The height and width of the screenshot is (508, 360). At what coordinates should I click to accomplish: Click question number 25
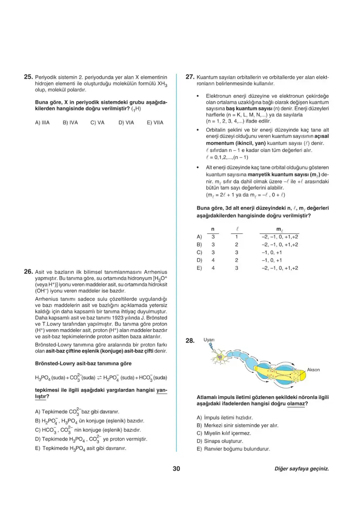coord(28,76)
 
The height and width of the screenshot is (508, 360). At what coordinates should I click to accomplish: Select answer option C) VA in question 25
coord(97,122)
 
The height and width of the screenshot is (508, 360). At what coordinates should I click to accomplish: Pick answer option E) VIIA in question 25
coord(155,122)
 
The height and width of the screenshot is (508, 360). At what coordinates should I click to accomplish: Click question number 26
coord(28,271)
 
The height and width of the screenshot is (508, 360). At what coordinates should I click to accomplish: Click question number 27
coord(189,76)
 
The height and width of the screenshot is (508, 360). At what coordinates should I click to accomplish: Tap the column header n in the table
coord(213,230)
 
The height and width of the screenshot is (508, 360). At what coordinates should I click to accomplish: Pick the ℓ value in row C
coord(236,252)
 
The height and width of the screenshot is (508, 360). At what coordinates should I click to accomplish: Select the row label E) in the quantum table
coord(200,268)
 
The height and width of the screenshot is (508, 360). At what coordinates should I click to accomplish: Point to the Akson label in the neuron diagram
coord(313,370)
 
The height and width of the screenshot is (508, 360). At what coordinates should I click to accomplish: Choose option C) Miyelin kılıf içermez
coord(224,433)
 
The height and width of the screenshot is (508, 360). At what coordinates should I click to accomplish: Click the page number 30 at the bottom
coord(176,469)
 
